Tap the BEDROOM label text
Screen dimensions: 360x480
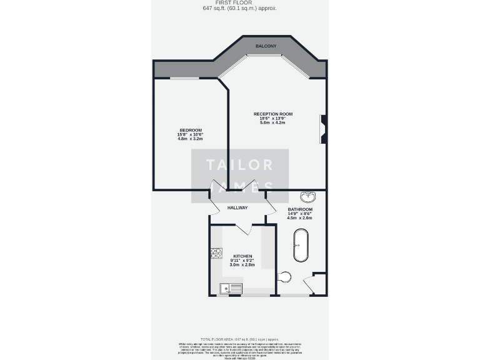[x=191, y=130]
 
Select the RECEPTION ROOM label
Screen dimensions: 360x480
[x=272, y=114]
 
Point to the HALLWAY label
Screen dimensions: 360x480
[x=237, y=207]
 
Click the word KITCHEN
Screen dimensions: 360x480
[x=242, y=256]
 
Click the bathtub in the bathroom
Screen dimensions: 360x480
[x=301, y=246]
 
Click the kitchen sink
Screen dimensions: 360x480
[x=231, y=288]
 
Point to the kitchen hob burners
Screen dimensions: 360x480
[x=216, y=253]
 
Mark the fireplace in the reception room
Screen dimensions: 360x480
[x=323, y=129]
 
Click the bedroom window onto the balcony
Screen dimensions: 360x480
[x=184, y=78]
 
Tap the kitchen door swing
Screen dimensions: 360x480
[x=244, y=228]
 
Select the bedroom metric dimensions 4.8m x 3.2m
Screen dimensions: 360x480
[x=191, y=139]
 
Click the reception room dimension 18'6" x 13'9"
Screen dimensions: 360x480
[x=272, y=118]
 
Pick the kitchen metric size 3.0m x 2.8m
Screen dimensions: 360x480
[x=242, y=265]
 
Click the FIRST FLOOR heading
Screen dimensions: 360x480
[x=239, y=2]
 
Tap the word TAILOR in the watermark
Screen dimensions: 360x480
[x=240, y=165]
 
